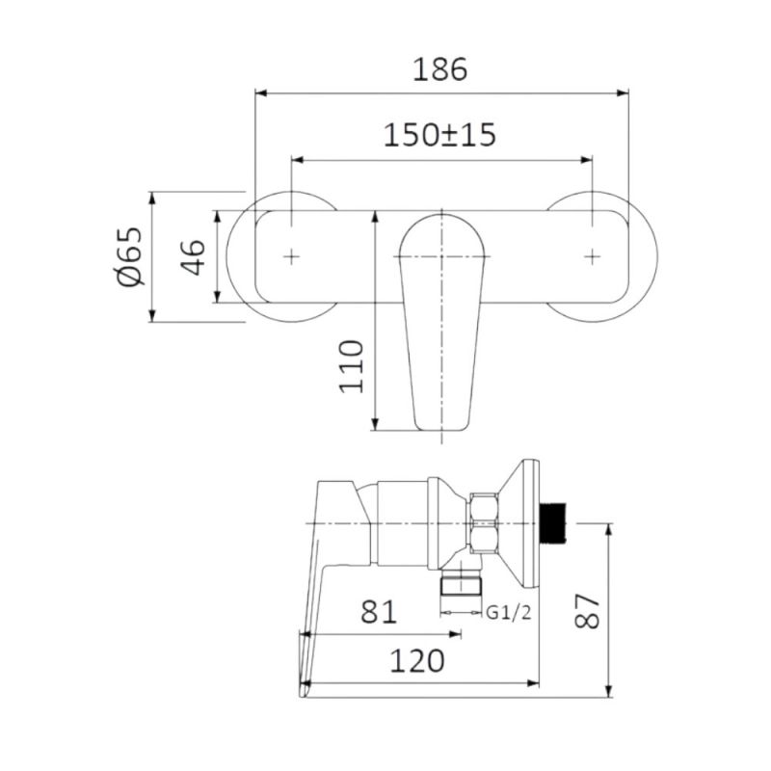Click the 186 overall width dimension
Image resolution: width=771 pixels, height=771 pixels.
click(x=440, y=69)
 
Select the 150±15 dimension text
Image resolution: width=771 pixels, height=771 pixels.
click(x=439, y=135)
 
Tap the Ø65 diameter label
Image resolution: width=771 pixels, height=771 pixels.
click(x=129, y=256)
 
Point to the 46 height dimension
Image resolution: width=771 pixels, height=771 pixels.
click(x=192, y=257)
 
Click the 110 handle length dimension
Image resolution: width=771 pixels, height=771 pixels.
click(x=352, y=366)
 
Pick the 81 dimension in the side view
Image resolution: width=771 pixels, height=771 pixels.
click(x=379, y=612)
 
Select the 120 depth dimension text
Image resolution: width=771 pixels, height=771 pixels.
click(x=417, y=661)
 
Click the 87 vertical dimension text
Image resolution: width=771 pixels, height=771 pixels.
click(x=587, y=611)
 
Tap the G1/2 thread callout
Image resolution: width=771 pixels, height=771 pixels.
click(x=509, y=613)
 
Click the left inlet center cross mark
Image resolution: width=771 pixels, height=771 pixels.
click(x=292, y=256)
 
